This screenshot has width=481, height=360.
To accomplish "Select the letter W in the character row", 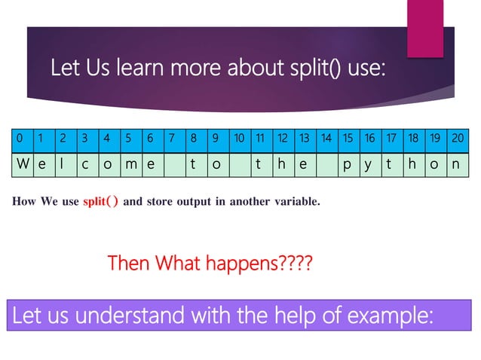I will [20, 163].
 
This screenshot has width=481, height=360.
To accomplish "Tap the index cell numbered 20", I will [458, 139].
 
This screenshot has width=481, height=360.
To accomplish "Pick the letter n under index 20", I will [458, 163].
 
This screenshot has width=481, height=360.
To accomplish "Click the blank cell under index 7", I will [173, 163].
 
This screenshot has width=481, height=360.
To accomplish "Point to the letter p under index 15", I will [348, 163].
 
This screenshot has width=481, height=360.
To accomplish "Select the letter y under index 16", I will [369, 163].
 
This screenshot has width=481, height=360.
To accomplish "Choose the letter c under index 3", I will [85, 163].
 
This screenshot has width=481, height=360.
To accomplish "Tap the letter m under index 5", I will [129, 163].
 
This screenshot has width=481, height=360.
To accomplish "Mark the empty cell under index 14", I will [326, 163].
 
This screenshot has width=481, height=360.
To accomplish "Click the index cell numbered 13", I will [304, 139].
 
